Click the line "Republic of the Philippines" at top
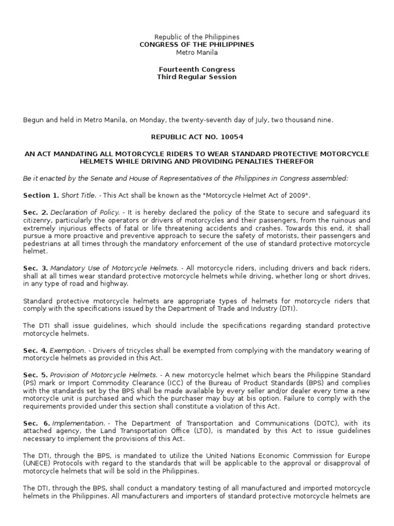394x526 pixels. [x=197, y=37]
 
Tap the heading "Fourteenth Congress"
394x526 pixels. [x=197, y=69]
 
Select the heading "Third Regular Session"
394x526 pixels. [x=197, y=77]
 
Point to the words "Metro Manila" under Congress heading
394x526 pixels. [x=197, y=52]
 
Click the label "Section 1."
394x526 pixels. [x=41, y=195]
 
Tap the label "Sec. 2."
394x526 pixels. [x=35, y=212]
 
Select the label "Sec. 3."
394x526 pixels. [x=35, y=268]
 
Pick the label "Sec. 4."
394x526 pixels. [x=35, y=350]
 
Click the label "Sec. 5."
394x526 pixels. [x=35, y=375]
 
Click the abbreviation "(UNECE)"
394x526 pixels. [x=38, y=464]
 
